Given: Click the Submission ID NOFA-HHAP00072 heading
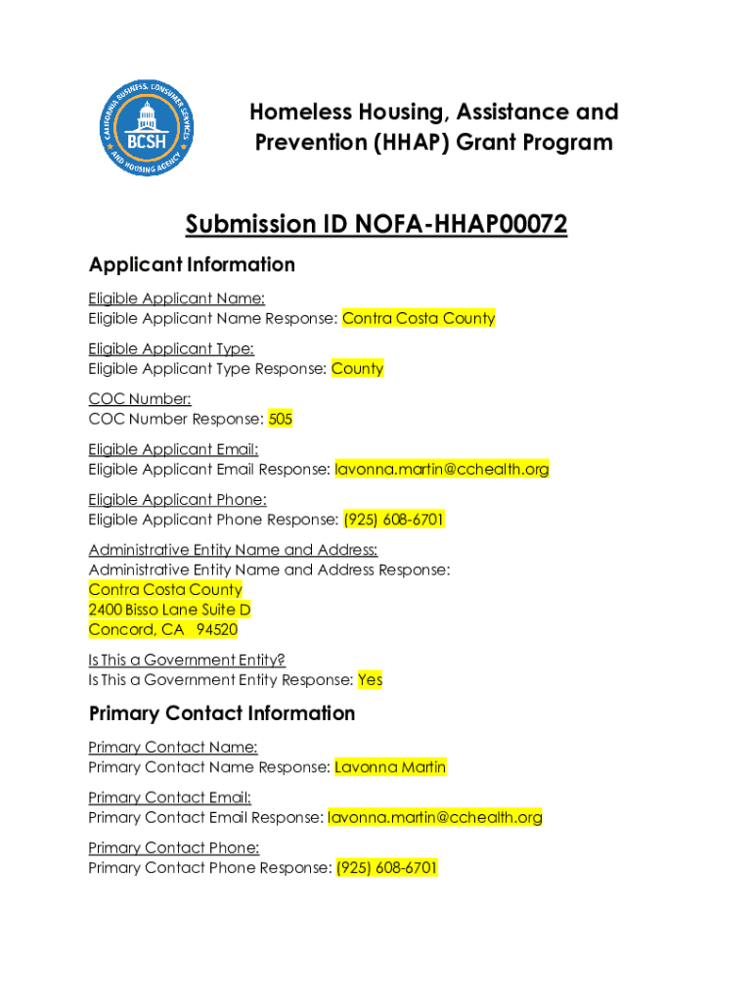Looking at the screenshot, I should [376, 225].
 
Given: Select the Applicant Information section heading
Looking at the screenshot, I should [192, 265].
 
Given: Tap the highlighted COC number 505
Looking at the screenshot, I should [281, 419].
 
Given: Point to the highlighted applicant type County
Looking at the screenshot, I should [357, 369].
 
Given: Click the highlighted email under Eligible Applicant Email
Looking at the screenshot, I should [442, 470].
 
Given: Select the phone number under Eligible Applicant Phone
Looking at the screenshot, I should [393, 520].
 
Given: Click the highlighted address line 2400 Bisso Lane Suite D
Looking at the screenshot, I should [169, 610].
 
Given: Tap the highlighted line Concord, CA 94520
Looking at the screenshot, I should [162, 629].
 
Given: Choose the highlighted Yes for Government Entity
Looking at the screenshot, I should [370, 679].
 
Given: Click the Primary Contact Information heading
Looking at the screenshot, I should [222, 713].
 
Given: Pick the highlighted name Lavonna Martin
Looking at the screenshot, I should [390, 767].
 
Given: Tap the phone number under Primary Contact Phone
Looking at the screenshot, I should [387, 868].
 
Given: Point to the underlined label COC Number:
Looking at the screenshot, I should [140, 398].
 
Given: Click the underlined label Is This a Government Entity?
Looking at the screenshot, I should [187, 660].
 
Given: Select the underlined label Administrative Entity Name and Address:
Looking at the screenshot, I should [233, 550].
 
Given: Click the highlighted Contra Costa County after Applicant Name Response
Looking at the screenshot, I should [419, 318].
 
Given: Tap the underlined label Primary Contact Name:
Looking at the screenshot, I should [173, 748].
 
